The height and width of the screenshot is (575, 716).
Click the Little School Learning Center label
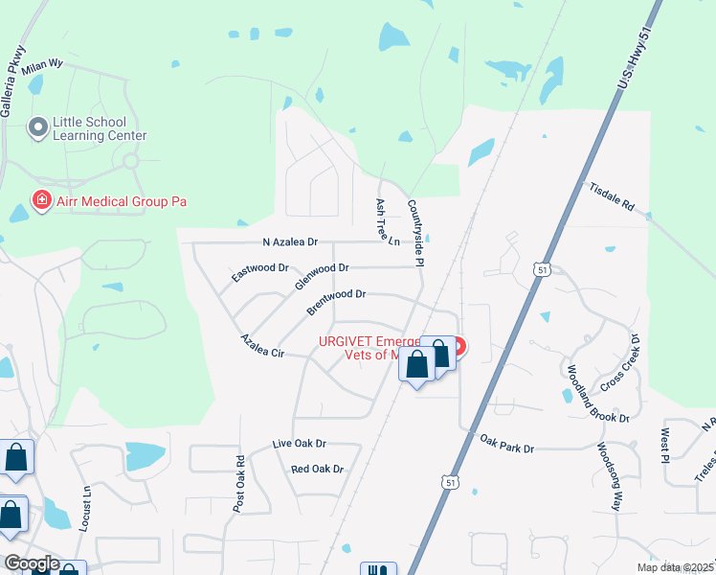[x=100, y=128]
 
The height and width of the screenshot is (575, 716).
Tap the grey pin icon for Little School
[x=38, y=127]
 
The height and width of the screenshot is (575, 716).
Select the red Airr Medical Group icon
[x=41, y=201]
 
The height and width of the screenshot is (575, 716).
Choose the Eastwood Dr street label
[x=260, y=272]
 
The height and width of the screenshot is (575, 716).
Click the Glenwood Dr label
[x=322, y=275]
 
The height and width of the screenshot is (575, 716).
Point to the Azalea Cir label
[x=263, y=345]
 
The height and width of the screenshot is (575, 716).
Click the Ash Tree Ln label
[x=388, y=223]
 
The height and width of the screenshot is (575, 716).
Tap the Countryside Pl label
[x=418, y=232]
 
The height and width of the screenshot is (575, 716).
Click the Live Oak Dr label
[x=300, y=444]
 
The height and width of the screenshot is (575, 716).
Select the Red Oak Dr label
[x=317, y=470]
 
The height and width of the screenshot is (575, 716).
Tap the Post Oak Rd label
[x=239, y=481]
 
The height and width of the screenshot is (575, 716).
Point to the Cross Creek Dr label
[x=618, y=366]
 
